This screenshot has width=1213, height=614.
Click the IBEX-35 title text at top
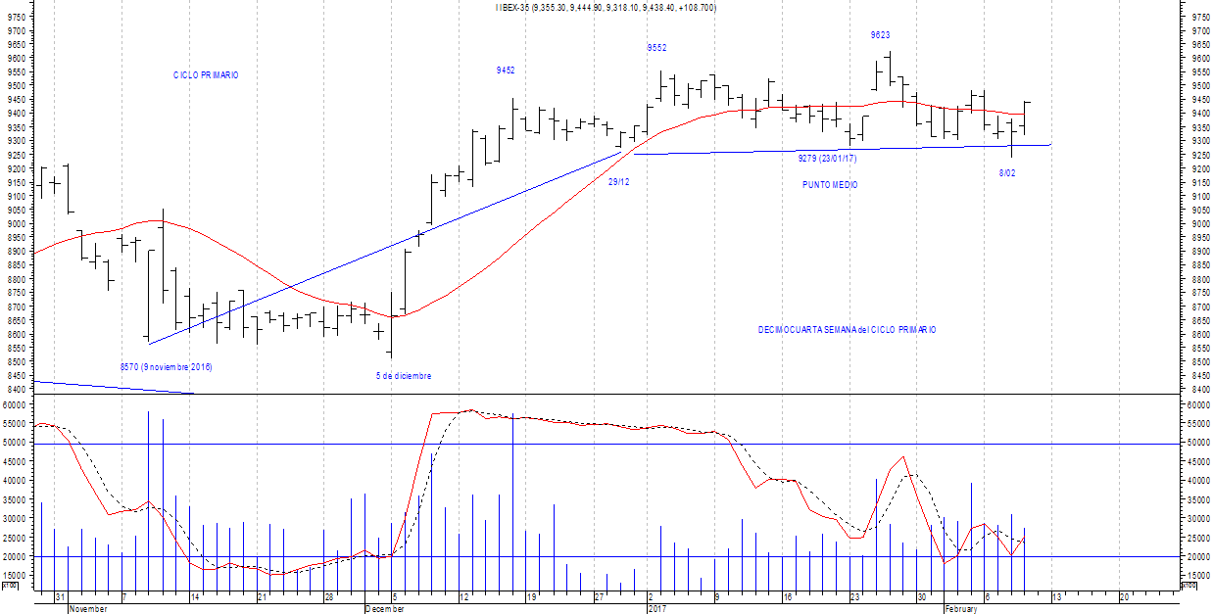[x=606, y=8]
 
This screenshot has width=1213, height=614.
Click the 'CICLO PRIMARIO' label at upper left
[x=206, y=75]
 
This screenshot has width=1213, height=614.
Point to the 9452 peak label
[x=506, y=71]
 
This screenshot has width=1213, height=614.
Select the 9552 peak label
[x=656, y=48]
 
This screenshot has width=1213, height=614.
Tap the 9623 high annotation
[x=880, y=35]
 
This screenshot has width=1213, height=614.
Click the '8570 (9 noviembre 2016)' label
[x=166, y=367]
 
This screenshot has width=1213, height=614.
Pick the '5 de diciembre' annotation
[x=404, y=376]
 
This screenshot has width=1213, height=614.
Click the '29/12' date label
[x=618, y=182]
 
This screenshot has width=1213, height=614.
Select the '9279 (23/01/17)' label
[x=827, y=159]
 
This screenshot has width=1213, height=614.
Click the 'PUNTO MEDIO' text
[x=830, y=185]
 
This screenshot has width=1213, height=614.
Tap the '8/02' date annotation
[x=1006, y=173]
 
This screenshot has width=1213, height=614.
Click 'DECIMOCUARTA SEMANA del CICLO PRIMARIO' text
[x=847, y=330]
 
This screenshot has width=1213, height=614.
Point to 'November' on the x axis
[x=88, y=608]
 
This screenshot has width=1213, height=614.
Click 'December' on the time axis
[x=384, y=608]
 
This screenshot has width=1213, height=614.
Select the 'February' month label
[x=960, y=608]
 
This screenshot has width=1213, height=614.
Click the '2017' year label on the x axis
[x=656, y=608]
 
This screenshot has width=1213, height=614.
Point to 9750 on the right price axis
[x=1197, y=17]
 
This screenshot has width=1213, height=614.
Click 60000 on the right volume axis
[x=1197, y=404]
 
